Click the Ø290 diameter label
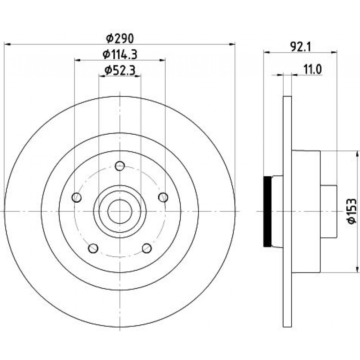[x=120, y=39]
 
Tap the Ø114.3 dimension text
[x=120, y=54]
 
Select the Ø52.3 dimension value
[x=120, y=70]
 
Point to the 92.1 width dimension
[x=300, y=47]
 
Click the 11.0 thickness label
[x=313, y=69]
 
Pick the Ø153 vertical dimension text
[x=352, y=211]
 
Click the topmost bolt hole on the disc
[x=120, y=166]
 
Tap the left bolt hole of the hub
[x=77, y=197]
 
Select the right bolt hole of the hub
[x=163, y=197]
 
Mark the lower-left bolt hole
[x=93, y=248]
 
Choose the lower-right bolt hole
[x=147, y=248]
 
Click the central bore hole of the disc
[x=120, y=211]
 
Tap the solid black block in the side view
[x=267, y=211]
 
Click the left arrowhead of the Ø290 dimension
[x=8, y=44]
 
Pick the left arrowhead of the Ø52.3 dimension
[x=102, y=76]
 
